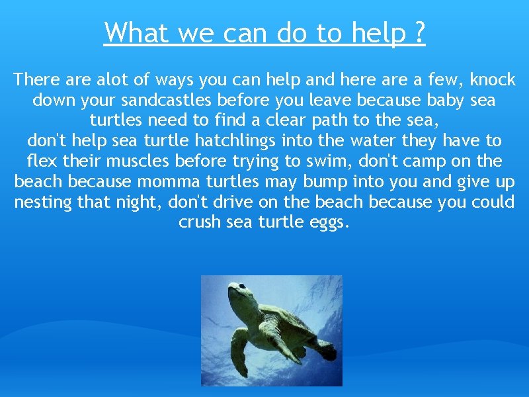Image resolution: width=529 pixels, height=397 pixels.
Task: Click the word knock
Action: [492, 80]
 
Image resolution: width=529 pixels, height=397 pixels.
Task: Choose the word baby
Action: [445, 101]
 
